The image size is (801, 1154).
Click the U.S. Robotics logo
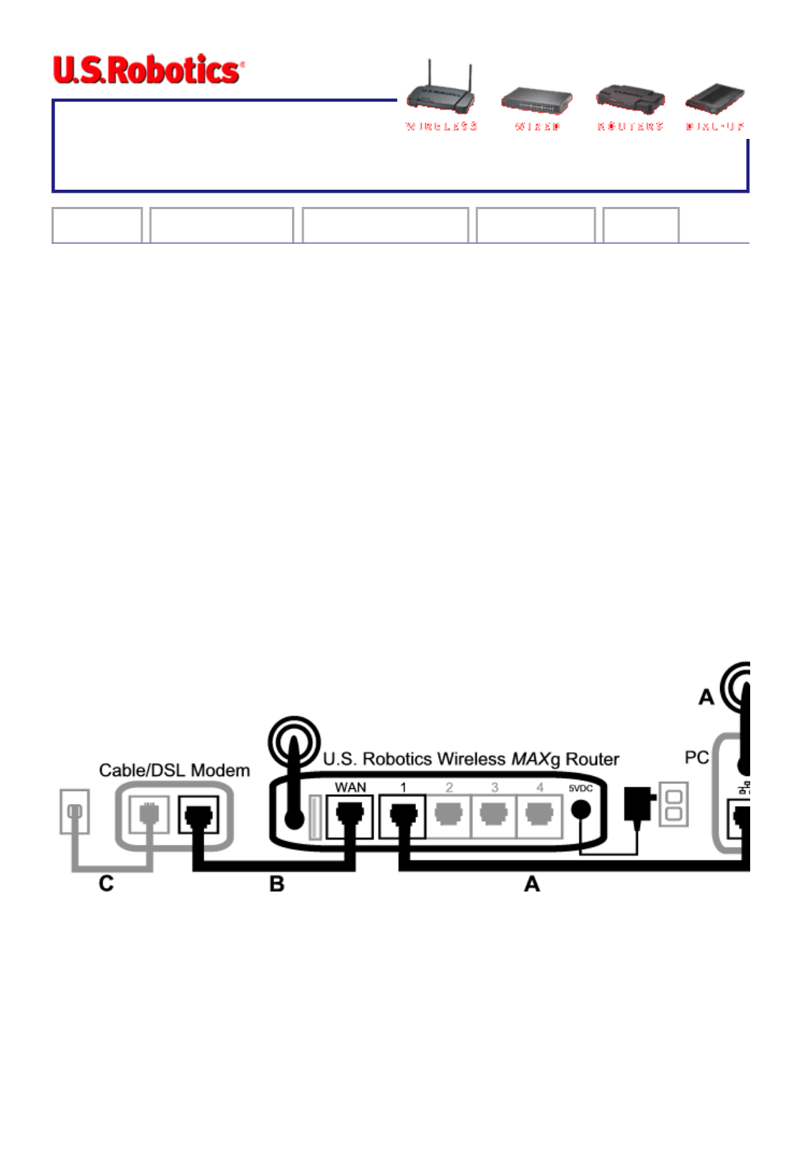coord(148,69)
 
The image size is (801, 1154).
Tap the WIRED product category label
coord(537,127)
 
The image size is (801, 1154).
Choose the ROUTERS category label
coord(630,127)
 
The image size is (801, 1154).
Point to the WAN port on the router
coord(349,816)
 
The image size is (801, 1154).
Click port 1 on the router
coord(403,816)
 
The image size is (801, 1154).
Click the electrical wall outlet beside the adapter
coord(674,805)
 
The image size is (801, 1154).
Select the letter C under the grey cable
coord(106,883)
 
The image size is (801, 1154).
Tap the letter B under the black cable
coord(277,884)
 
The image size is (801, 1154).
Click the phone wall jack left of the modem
coord(74,811)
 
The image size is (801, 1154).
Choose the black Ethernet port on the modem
coord(198,816)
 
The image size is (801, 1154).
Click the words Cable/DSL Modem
coord(174,770)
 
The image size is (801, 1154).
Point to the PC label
coord(696,757)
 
